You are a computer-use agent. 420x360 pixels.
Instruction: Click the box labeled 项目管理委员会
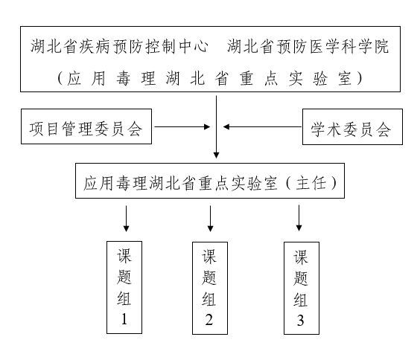point(86,126)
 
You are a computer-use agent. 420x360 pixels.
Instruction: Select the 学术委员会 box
point(352,126)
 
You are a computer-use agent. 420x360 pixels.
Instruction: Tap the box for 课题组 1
point(124,288)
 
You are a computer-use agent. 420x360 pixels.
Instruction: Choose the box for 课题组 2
point(210,288)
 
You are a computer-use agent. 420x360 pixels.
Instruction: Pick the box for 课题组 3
point(302,288)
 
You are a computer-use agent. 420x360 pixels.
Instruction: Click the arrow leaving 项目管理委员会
point(182,126)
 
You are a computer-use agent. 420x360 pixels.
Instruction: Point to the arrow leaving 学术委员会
point(262,126)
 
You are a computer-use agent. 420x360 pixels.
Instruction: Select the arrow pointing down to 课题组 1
point(126,219)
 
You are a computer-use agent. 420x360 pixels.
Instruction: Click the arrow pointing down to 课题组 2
point(210,219)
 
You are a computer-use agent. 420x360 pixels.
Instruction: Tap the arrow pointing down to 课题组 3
point(299,218)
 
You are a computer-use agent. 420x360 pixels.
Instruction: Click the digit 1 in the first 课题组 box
point(124,319)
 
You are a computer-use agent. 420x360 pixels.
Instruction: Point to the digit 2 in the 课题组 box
point(209,320)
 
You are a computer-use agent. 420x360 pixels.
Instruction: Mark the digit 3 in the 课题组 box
point(301,321)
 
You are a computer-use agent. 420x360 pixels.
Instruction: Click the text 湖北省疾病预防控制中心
point(119,46)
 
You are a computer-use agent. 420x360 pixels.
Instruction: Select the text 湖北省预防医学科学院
point(308,46)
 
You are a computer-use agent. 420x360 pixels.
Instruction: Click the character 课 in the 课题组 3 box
point(301,257)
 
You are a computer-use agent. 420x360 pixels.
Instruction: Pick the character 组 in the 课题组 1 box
point(124,298)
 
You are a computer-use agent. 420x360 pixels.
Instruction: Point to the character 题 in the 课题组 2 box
point(209,277)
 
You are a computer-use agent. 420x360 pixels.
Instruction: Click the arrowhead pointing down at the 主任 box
point(217,155)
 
